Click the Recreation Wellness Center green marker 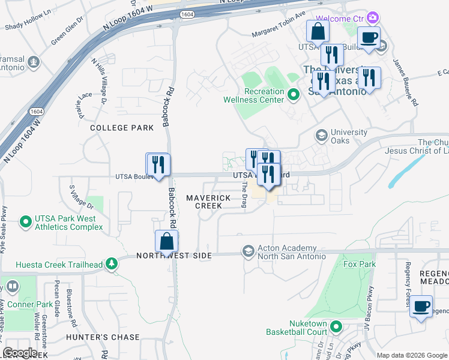click(294, 95)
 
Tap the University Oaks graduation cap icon click(322, 136)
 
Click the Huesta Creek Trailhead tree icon click(111, 263)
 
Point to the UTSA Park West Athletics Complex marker click(25, 223)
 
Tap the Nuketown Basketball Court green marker click(336, 328)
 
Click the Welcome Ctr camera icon click(373, 18)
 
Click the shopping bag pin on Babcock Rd click(167, 241)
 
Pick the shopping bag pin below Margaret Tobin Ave click(318, 31)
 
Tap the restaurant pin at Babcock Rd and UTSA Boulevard click(158, 164)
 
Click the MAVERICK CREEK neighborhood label click(208, 201)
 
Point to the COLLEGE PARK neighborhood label click(118, 128)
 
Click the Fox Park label click(359, 264)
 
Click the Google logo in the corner click(20, 352)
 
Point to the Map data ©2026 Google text click(411, 355)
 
